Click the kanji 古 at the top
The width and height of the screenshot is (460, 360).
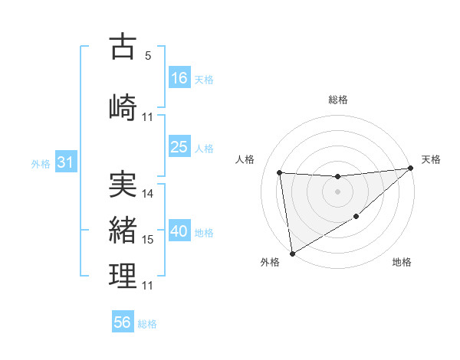click(x=123, y=47)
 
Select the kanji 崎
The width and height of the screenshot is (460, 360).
click(x=123, y=106)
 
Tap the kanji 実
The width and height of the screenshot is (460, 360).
click(x=123, y=185)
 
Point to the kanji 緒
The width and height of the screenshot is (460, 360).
click(x=123, y=230)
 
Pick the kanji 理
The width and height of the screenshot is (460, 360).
click(x=123, y=276)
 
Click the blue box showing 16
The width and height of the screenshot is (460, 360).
click(x=179, y=78)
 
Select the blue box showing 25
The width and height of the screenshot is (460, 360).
click(x=179, y=147)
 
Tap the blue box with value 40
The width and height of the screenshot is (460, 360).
click(x=179, y=231)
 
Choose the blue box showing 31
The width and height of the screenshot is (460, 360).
click(x=65, y=162)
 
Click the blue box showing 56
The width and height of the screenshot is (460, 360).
click(x=123, y=322)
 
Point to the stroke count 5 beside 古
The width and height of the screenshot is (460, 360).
click(x=147, y=56)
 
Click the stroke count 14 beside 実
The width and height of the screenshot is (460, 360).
click(x=148, y=194)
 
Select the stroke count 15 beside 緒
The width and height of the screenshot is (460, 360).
click(x=148, y=240)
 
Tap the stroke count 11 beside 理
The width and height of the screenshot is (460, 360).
click(x=148, y=286)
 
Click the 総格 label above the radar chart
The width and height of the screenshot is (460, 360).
click(x=338, y=100)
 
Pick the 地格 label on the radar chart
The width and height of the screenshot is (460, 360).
click(x=402, y=263)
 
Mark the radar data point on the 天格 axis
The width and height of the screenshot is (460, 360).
click(x=410, y=169)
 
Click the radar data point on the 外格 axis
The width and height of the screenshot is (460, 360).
click(x=291, y=253)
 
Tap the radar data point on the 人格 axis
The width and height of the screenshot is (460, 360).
click(x=280, y=172)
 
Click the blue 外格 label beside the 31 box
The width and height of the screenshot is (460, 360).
click(x=41, y=163)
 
